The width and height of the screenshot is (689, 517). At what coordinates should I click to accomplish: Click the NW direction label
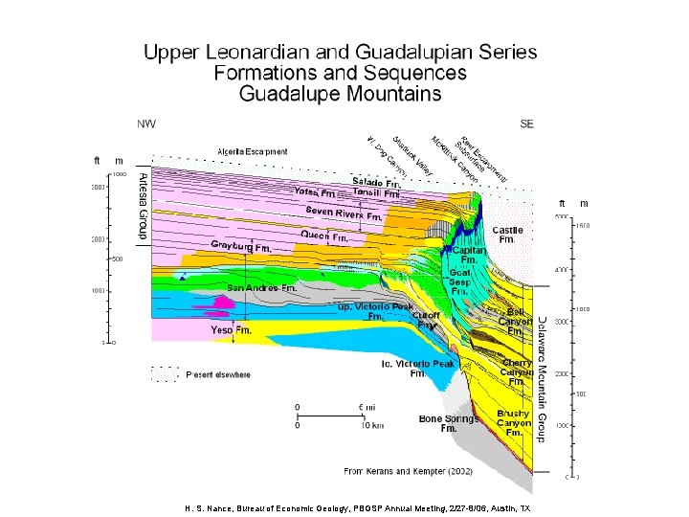(145, 124)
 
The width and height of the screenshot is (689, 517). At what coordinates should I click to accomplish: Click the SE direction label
(526, 124)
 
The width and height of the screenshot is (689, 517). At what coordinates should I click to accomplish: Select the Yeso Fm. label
(231, 329)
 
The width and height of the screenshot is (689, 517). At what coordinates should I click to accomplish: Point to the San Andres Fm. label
(261, 287)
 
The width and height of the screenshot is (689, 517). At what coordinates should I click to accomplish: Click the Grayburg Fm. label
(241, 247)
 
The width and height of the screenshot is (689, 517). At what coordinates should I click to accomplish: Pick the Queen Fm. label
(323, 234)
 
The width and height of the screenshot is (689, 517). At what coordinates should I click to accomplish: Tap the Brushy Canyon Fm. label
(513, 423)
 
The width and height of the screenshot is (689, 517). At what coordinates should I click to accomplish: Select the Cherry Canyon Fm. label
(516, 372)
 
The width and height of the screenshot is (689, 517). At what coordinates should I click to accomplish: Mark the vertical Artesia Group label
(142, 205)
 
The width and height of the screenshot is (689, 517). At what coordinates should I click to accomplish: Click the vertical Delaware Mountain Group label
(541, 378)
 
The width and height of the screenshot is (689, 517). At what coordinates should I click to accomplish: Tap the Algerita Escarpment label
(252, 151)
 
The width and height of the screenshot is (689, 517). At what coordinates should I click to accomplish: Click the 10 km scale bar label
(370, 425)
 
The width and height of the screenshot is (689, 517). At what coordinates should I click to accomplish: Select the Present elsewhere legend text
(218, 374)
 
